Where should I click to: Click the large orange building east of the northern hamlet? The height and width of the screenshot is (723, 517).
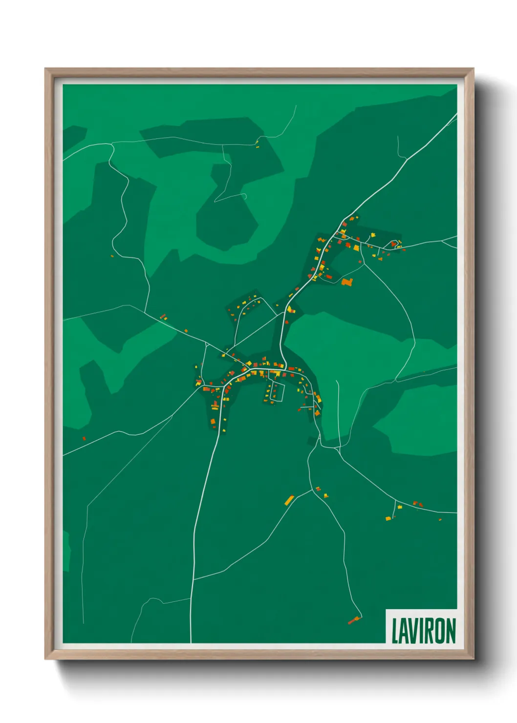347,282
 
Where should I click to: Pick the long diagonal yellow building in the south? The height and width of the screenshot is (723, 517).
289,500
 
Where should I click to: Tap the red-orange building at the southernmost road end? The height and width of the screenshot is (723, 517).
354,620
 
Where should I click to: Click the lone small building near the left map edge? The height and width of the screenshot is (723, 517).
84,439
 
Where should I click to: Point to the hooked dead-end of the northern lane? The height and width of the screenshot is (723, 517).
245,196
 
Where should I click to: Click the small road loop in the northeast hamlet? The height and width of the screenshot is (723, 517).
392,244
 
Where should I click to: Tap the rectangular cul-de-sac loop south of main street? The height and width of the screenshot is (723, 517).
279,392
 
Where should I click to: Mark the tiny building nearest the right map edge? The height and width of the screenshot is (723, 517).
440,519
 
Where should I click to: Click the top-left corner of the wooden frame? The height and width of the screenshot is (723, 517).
46,69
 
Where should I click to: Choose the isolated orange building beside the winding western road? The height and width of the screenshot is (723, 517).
112,255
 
